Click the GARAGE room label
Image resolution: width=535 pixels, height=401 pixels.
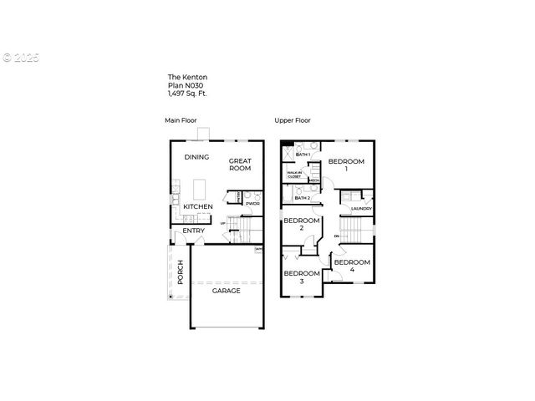point(226,291)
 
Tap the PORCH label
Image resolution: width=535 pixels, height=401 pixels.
point(180,271)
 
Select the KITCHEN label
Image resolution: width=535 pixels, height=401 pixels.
point(198,206)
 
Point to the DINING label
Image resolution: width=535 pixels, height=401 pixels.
point(197,156)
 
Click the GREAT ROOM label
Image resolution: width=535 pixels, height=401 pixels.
point(240,164)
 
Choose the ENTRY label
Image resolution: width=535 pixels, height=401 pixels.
point(194,231)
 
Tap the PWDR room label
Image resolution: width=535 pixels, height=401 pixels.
point(252,203)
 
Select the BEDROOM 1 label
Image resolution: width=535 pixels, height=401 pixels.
point(345,165)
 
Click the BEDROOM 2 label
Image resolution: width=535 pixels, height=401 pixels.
point(301,224)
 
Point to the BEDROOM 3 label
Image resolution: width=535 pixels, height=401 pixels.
point(302,277)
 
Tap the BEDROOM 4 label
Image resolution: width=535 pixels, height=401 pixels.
point(351,266)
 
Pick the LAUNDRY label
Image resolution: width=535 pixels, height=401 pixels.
point(361,209)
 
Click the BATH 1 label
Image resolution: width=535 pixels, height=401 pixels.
point(303,155)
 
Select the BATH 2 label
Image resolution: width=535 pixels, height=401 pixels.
point(303,198)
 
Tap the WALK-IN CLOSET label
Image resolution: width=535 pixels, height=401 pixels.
point(294,175)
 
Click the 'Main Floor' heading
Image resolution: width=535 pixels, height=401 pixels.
point(179,120)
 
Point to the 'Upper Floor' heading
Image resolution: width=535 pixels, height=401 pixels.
point(293,120)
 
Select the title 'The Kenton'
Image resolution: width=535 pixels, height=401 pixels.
point(185,78)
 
